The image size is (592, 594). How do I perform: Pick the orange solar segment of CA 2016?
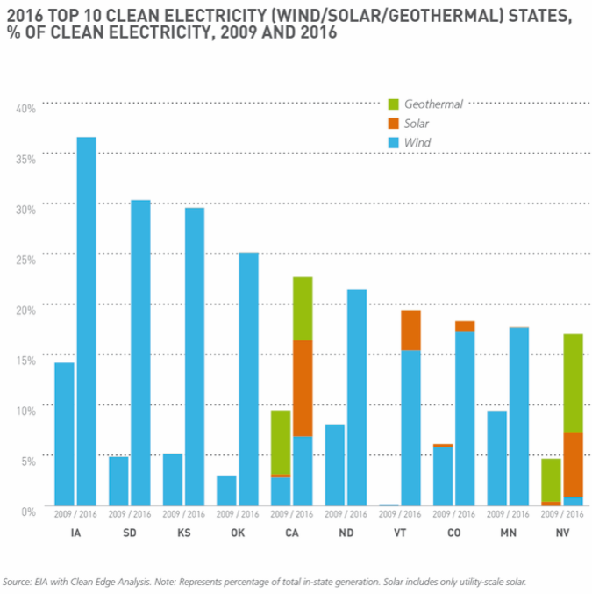point(303,388)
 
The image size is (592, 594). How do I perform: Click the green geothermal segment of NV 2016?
point(573,383)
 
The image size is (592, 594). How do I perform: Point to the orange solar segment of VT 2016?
point(410,330)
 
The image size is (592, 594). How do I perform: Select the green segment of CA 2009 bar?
point(281,442)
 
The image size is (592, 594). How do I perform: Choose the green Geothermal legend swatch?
point(394,104)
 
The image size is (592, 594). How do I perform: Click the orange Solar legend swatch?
point(394,124)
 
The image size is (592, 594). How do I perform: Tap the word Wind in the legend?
point(417,142)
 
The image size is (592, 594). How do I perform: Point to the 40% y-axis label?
point(25,108)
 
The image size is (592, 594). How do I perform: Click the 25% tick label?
point(25,259)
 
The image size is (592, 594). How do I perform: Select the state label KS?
point(183,533)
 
